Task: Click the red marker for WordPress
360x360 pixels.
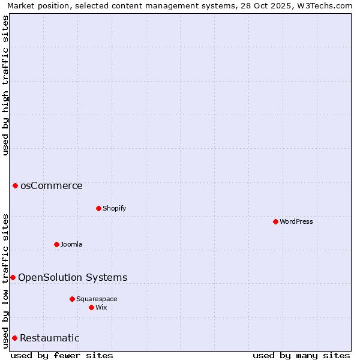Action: (275, 221)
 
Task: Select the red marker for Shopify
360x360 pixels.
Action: (98, 208)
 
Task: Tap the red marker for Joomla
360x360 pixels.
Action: (56, 244)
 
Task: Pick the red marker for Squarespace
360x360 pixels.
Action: (72, 299)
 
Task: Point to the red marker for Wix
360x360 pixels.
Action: (91, 307)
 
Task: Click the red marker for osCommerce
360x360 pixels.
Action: (15, 185)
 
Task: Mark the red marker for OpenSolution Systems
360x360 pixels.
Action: (13, 277)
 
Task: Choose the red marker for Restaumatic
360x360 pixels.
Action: (14, 338)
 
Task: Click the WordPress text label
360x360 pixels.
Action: (296, 221)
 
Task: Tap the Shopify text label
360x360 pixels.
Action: (115, 208)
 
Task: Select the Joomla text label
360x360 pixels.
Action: (71, 244)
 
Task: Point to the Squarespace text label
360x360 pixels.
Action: (97, 299)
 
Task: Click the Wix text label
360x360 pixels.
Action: (101, 307)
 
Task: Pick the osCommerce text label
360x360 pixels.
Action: (52, 185)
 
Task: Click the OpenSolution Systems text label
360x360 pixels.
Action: (73, 277)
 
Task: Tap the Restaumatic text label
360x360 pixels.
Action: (50, 338)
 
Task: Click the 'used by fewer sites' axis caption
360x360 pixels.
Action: (62, 355)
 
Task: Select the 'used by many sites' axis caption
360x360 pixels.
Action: (301, 355)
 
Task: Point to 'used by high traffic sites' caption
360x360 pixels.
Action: (5, 85)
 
